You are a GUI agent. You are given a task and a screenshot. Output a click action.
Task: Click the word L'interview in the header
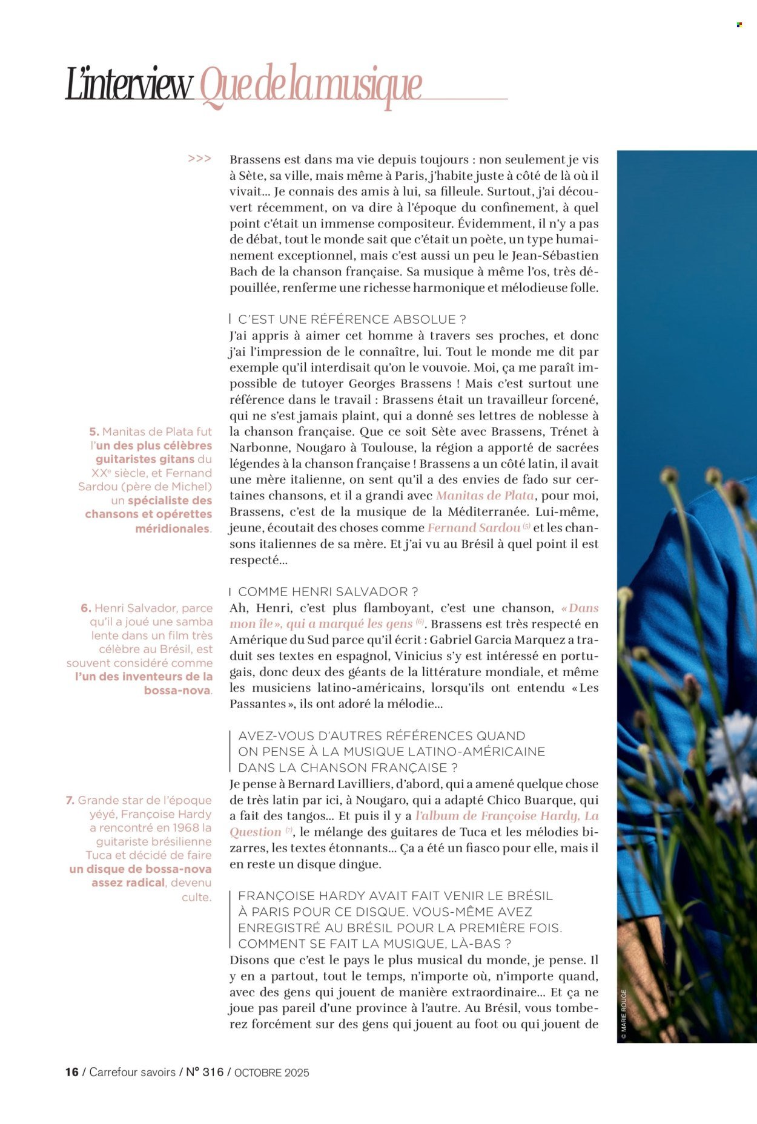point(129,85)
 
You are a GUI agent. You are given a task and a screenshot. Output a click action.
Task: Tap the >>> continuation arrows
point(199,159)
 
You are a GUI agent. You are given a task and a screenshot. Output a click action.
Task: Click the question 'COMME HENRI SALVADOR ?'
point(328,591)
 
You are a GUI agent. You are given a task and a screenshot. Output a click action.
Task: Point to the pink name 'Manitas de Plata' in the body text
point(484,496)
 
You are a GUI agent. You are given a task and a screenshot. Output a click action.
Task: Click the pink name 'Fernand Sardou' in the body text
point(474,528)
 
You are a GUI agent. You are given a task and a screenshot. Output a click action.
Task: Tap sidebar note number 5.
point(94,432)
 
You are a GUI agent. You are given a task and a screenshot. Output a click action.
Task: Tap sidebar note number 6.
point(85,608)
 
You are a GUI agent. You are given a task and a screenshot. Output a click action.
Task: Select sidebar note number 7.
point(70,800)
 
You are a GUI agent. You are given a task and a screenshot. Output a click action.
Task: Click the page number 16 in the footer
point(72,1072)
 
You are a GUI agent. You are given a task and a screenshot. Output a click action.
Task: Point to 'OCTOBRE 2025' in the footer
point(271,1073)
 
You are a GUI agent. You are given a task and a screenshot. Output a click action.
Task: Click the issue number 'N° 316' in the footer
point(204,1072)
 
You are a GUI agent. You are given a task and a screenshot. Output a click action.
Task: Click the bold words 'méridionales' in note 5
point(173,528)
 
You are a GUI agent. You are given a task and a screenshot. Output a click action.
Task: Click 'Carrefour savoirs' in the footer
point(133,1072)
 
